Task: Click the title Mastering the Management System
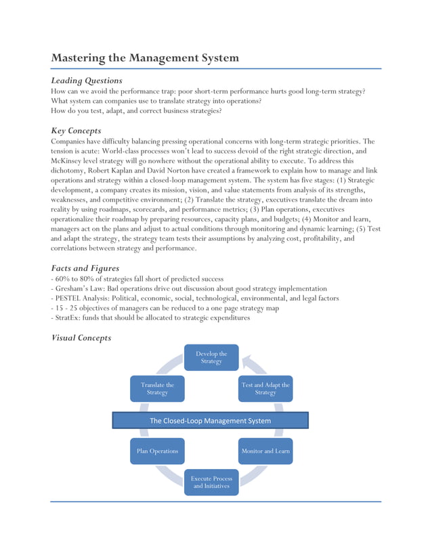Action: [x=145, y=58]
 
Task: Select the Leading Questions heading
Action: [x=87, y=81]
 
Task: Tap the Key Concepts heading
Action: [x=77, y=130]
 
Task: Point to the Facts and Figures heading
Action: [x=86, y=268]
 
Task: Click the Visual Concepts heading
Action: [x=81, y=338]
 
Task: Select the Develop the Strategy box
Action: [x=211, y=357]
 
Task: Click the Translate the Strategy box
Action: [x=157, y=388]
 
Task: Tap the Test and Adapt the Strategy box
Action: [x=265, y=388]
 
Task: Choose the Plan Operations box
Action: [x=157, y=451]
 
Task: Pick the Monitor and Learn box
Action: [x=265, y=451]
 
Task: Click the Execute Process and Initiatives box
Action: [x=211, y=482]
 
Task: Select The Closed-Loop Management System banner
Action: [x=210, y=420]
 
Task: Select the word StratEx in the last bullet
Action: [x=68, y=318]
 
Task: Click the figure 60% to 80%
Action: [x=72, y=279]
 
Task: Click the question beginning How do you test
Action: [x=136, y=110]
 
